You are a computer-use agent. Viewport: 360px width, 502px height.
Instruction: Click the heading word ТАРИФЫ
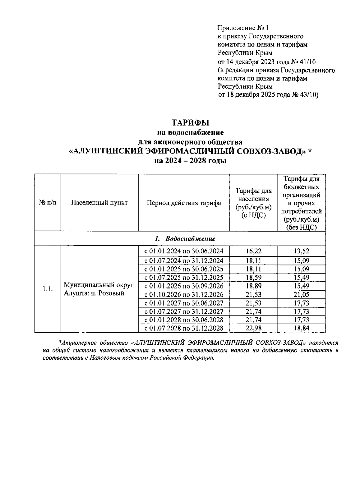[x=190, y=122]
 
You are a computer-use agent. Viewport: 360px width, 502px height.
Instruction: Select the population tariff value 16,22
[x=253, y=251]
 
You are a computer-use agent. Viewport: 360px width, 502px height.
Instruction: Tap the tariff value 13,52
[x=301, y=251]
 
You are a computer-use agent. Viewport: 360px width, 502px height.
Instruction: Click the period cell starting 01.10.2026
[x=184, y=295]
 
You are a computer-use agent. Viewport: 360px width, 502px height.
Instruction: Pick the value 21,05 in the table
[x=301, y=295]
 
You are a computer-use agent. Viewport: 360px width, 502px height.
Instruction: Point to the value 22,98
[x=253, y=328]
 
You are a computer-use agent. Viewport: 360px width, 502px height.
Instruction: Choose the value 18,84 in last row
[x=301, y=328]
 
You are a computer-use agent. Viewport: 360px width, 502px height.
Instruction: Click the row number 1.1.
[x=48, y=289]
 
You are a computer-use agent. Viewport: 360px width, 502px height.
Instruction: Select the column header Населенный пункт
[x=99, y=203]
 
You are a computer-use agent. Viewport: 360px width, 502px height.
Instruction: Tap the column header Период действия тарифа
[x=184, y=203]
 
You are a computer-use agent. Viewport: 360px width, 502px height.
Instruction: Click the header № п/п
[x=48, y=203]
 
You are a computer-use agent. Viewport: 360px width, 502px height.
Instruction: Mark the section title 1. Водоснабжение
[x=185, y=239]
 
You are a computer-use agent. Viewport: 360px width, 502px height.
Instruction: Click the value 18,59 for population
[x=253, y=277]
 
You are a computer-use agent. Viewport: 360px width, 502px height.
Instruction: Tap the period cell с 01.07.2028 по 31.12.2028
[x=184, y=328]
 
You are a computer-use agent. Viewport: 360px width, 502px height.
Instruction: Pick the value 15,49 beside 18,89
[x=301, y=286]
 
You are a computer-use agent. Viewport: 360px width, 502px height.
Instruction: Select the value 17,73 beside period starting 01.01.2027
[x=301, y=303]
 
